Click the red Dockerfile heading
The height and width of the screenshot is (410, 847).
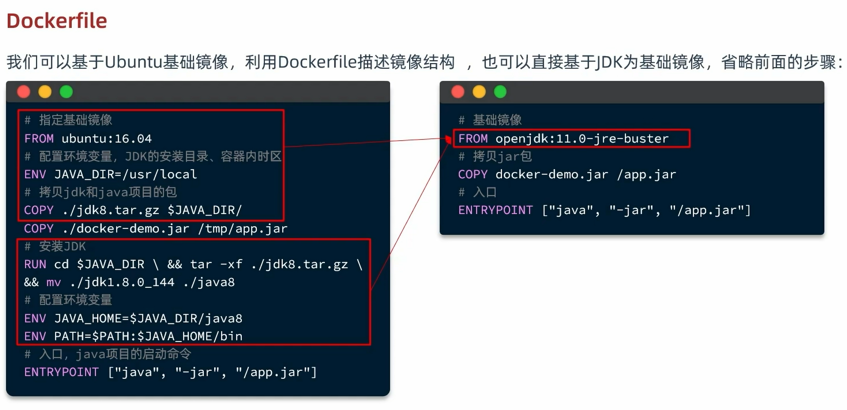coord(57,21)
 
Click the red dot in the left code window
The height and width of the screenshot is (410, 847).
coord(24,92)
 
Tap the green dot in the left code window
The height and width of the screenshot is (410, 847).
coord(66,92)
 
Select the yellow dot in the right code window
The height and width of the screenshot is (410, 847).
coord(479,92)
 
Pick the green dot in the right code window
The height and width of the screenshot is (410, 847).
coord(500,92)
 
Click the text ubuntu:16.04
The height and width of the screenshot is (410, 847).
coord(106,138)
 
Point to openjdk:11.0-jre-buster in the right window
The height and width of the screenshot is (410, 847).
coord(582,138)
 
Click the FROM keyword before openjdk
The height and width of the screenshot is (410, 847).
coord(473,138)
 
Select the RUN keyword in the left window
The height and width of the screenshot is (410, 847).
coord(35,264)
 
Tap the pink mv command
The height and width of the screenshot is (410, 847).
coord(53,282)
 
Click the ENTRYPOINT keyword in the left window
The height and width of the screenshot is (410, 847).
coord(62,372)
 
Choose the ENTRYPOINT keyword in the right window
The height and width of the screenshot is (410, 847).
coord(495,210)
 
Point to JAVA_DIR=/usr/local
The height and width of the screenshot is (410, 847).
coord(125,174)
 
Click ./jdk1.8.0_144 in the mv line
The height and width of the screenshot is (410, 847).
coord(122,282)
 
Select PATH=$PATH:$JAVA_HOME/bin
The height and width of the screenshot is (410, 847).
coord(148,336)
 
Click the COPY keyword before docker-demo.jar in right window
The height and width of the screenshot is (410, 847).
coord(473,174)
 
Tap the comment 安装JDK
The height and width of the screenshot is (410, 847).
coord(62,246)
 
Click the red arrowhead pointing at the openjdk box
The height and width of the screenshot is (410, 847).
coord(448,139)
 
